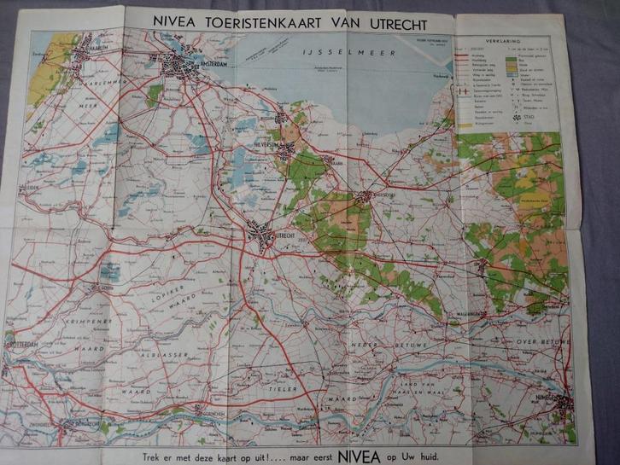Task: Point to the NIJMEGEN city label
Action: coord(570,396)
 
